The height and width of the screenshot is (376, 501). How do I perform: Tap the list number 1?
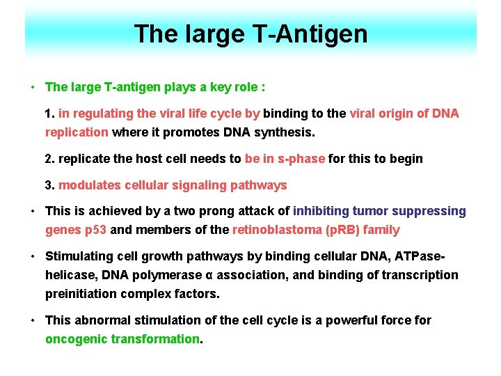click(49, 113)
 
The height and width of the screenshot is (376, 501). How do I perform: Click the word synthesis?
click(284, 132)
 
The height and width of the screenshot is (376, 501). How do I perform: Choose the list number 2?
click(49, 159)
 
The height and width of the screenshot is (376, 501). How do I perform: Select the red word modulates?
click(89, 185)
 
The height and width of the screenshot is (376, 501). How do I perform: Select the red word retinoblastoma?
click(277, 230)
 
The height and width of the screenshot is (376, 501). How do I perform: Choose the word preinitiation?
click(81, 294)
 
